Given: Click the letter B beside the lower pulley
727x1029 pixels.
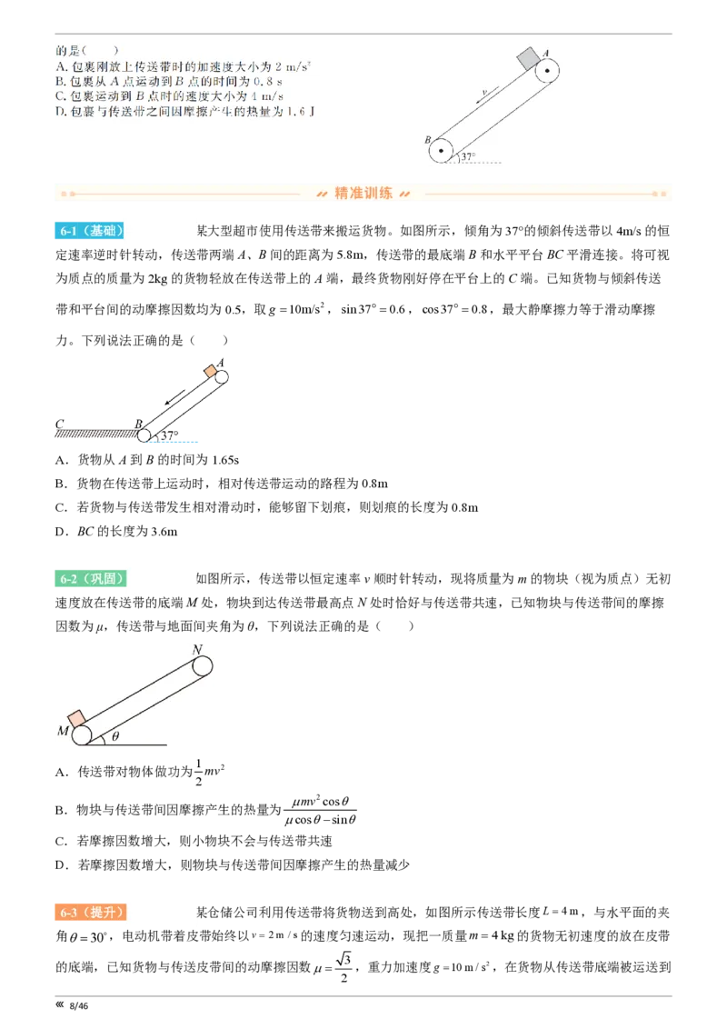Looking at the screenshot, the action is [427, 140].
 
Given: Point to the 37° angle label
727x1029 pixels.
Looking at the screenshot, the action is [468, 156].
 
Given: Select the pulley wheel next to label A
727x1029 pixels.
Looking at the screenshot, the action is [547, 71].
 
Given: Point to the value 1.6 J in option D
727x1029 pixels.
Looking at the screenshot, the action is [284, 110].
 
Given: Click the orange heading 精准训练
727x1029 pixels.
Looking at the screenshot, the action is [363, 193].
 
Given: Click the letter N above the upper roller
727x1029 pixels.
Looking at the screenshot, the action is [196, 649].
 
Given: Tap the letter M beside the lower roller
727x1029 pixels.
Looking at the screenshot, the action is [62, 732].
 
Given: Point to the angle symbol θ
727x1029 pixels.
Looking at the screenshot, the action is [115, 735].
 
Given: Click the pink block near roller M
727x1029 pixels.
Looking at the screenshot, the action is [76, 718].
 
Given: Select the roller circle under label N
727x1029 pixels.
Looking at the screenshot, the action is [202, 665].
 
